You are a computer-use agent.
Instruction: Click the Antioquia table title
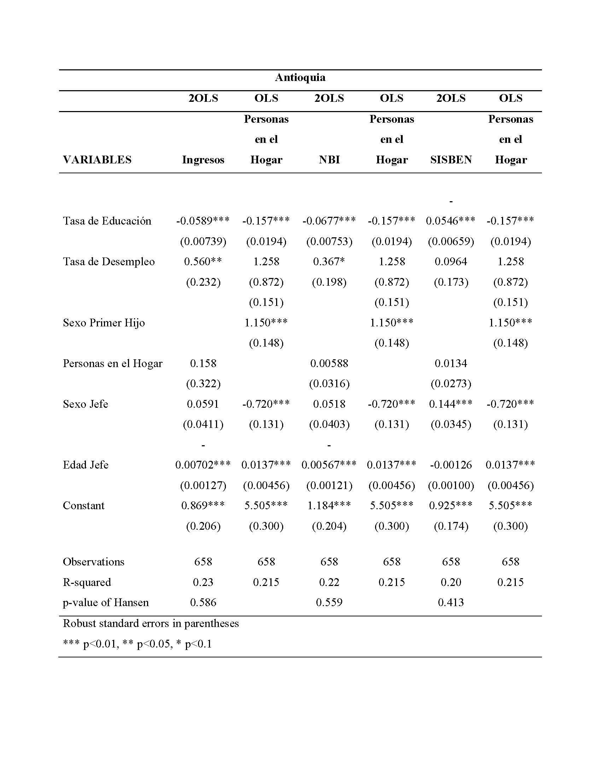[300, 77]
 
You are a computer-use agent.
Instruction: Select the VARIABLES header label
[97, 159]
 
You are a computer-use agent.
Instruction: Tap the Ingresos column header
[203, 159]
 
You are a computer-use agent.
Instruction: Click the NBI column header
[329, 159]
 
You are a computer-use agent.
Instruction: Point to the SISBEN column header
[451, 159]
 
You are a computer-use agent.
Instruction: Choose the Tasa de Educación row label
[107, 221]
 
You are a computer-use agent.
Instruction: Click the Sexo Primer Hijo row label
[104, 323]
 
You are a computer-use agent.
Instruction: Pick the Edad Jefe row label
[86, 465]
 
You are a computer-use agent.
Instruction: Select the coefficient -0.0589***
[203, 221]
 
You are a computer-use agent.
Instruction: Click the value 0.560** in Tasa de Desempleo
[203, 261]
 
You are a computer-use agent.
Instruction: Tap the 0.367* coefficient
[329, 261]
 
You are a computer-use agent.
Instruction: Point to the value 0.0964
[451, 261]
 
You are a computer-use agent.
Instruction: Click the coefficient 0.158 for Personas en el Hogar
[203, 363]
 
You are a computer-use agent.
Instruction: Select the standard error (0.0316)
[329, 384]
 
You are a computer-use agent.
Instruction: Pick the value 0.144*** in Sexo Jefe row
[451, 404]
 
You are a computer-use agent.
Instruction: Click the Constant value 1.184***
[329, 505]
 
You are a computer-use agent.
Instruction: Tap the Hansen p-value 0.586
[203, 602]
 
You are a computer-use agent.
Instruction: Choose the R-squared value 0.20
[451, 582]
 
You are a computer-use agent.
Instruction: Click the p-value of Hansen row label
[106, 602]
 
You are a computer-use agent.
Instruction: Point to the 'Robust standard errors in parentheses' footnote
[151, 623]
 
